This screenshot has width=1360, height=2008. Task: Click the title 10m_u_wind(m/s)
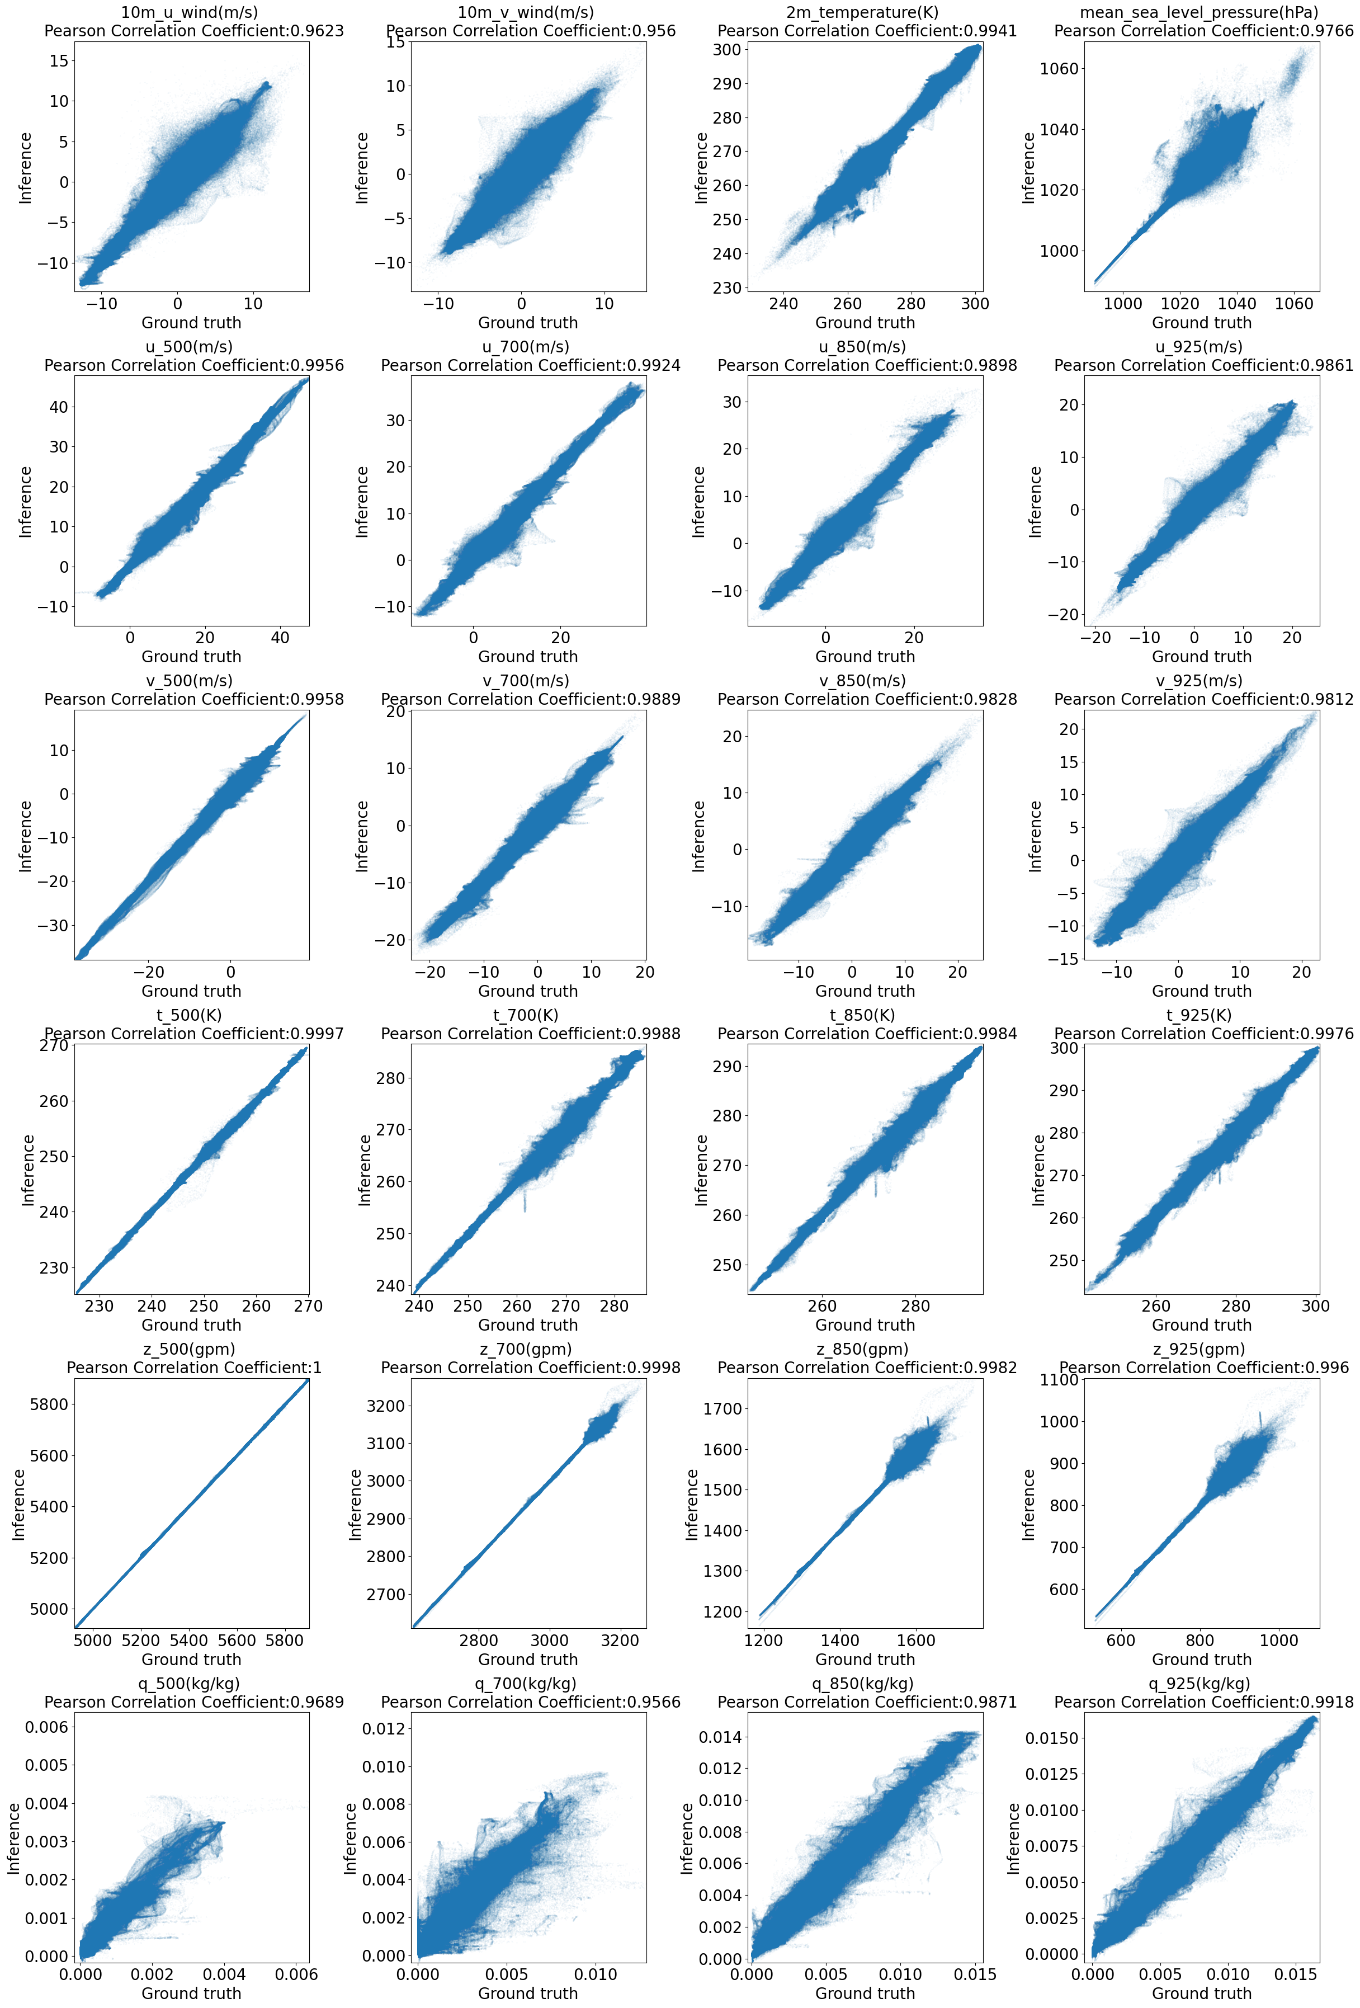pos(189,12)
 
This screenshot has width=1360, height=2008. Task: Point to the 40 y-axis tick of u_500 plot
pos(58,407)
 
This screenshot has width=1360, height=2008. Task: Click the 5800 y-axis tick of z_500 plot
pos(49,1404)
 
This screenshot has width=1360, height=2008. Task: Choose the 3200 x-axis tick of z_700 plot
pos(618,1640)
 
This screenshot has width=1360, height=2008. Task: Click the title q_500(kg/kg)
pos(189,1683)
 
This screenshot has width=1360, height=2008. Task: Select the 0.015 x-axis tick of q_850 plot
pos(978,1974)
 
